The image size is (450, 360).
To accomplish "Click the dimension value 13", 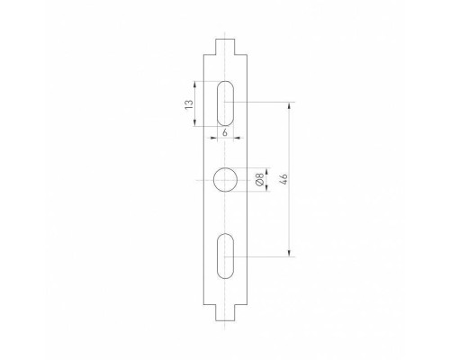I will [188, 104].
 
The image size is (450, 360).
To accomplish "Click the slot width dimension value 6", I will [225, 132].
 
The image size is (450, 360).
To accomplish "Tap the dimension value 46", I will [282, 180].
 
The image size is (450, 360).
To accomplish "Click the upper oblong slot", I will [225, 104].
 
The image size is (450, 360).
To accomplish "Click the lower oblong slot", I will [225, 256].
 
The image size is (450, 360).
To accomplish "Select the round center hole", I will [225, 180].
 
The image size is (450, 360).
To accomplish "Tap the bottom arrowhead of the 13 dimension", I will [195, 125].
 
